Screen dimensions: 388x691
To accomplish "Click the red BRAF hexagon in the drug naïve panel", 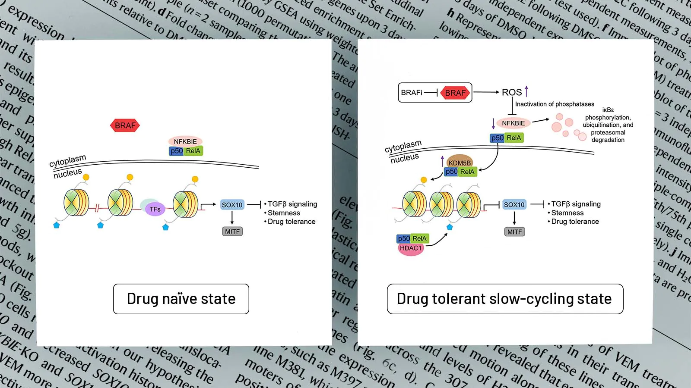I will pos(125,125).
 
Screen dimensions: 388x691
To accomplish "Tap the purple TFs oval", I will pos(155,210).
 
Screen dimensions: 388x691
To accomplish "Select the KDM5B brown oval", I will pos(460,163).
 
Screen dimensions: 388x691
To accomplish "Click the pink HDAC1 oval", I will pos(411,249).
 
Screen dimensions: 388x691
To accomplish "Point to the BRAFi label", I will pos(411,93).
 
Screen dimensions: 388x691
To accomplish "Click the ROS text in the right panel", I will pos(512,92).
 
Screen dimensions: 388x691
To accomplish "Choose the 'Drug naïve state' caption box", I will pos(181,299).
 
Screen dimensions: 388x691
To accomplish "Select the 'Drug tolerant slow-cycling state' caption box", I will pos(504,299).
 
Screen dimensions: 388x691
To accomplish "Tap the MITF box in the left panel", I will pos(232,232).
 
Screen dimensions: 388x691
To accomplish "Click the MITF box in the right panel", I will pos(514,232).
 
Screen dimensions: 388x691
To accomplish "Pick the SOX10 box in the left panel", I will pos(232,205).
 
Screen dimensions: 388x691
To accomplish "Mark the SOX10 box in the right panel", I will pos(514,205).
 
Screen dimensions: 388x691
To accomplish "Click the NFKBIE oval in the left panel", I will pos(185,141).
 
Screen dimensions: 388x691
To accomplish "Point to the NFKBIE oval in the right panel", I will pos(513,123).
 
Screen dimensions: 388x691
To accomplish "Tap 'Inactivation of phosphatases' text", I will pos(555,104).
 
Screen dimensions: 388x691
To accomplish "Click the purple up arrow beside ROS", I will pos(526,91).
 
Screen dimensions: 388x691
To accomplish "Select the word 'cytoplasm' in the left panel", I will pos(68,161).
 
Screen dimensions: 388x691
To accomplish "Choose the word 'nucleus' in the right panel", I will pos(405,158).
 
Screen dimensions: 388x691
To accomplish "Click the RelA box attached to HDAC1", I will pos(419,238).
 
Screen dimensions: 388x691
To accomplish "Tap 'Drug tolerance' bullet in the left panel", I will pos(292,222).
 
